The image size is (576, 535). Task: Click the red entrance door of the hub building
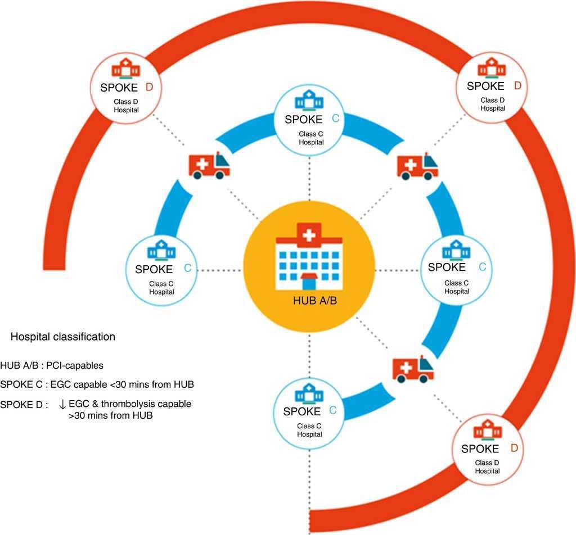click(x=309, y=283)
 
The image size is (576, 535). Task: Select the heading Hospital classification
click(x=63, y=337)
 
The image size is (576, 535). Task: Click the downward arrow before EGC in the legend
click(x=62, y=404)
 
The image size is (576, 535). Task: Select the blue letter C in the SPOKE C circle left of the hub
click(x=187, y=269)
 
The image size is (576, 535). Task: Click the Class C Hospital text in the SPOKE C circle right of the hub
click(x=457, y=287)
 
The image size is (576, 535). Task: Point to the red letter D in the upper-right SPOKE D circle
click(x=517, y=86)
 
